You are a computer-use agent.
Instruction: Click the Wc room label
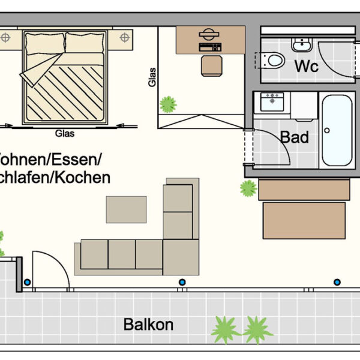pos(306,66)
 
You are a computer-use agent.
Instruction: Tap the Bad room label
pos(295,137)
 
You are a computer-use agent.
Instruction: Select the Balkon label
pos(148,325)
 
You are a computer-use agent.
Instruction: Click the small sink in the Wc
pos(300,44)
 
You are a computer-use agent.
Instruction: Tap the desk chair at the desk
pos(211,65)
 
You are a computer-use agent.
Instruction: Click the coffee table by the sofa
pos(126,209)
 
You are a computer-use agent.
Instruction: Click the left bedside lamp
pos(5,38)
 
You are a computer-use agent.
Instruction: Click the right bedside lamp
pos(124,38)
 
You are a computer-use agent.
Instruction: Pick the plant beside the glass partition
pos(168,104)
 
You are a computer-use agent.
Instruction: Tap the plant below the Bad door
pos(248,188)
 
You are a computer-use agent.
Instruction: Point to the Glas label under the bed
pos(64,134)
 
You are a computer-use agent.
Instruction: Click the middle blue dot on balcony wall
pos(181,282)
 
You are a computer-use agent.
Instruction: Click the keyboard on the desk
pos(210,46)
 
